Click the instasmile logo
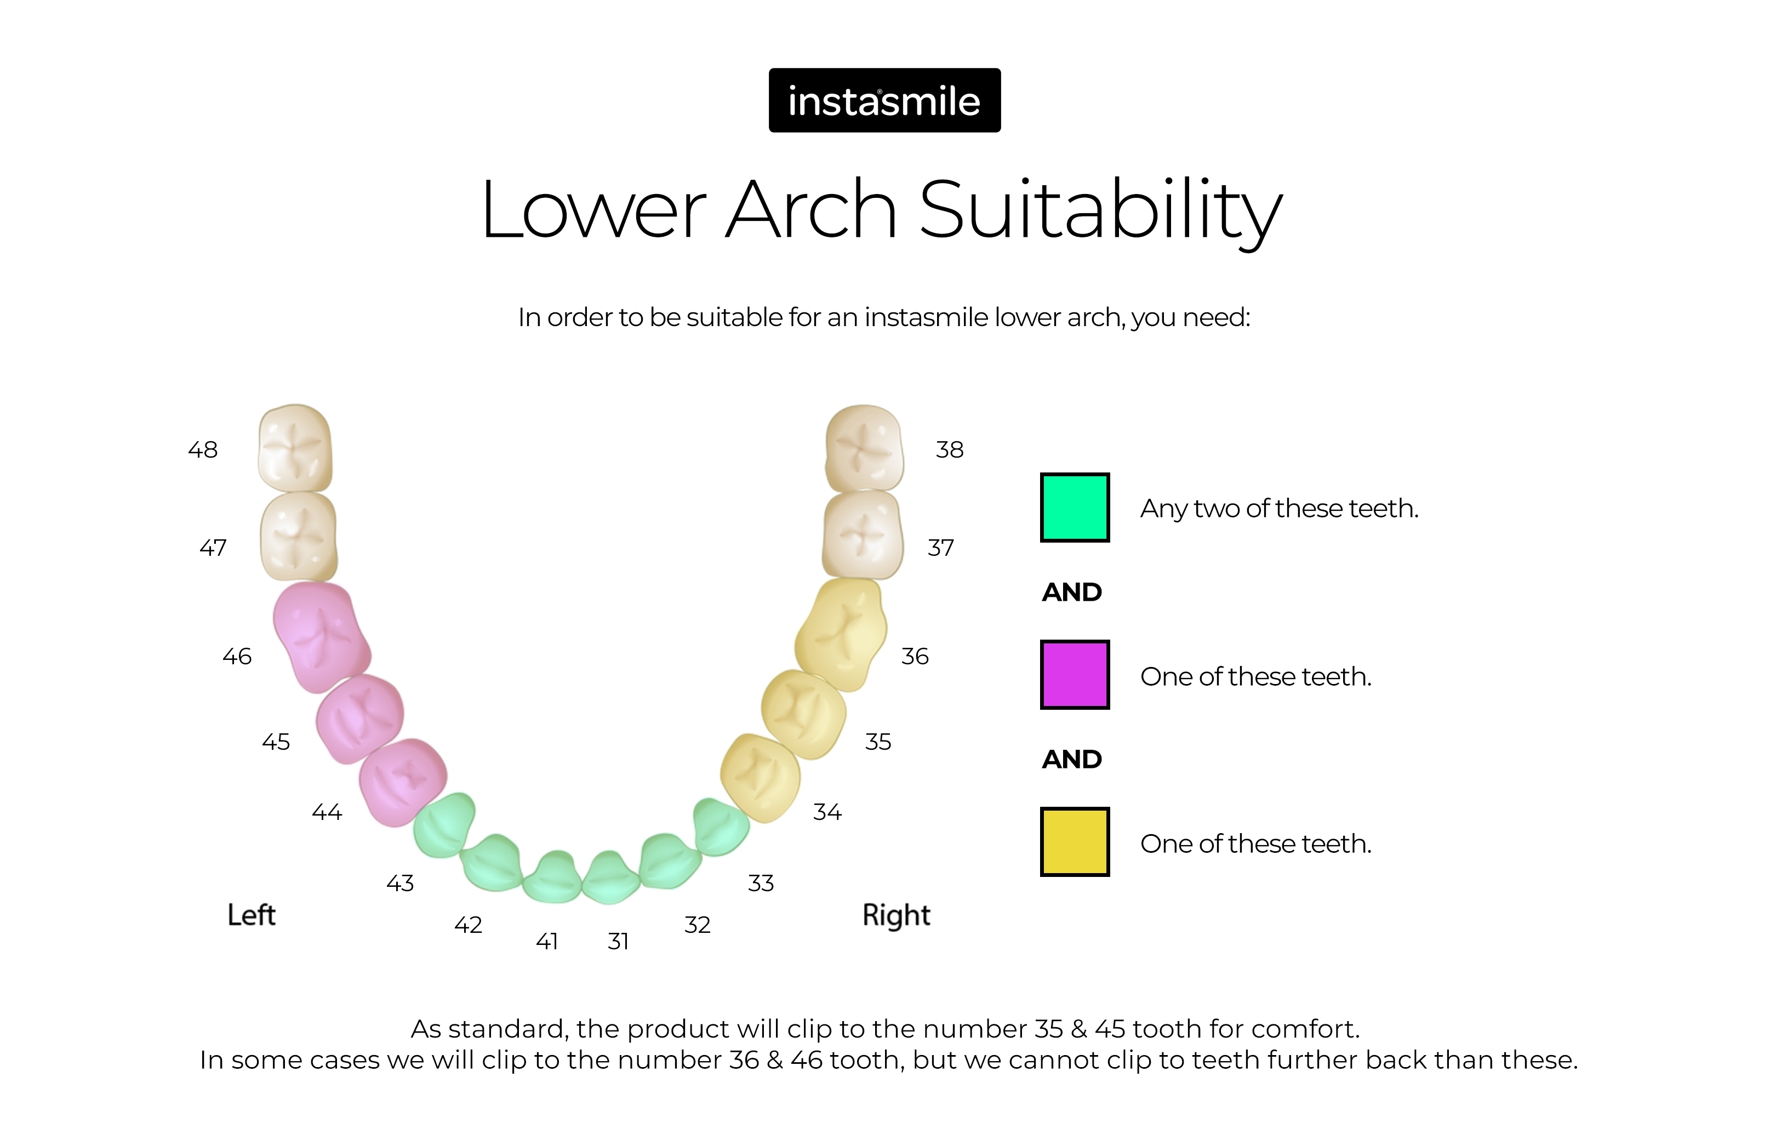[x=884, y=100]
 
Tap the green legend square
[x=1074, y=508]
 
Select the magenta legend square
[x=1074, y=675]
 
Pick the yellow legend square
[x=1074, y=842]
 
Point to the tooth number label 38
[x=949, y=449]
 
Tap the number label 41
[x=546, y=941]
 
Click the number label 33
[x=761, y=883]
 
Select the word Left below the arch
[x=251, y=915]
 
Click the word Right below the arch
[x=896, y=915]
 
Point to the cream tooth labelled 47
[x=298, y=537]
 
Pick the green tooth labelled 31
[x=609, y=877]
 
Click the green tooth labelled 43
[x=444, y=825]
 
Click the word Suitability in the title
[x=1101, y=210]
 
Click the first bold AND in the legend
[x=1071, y=592]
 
